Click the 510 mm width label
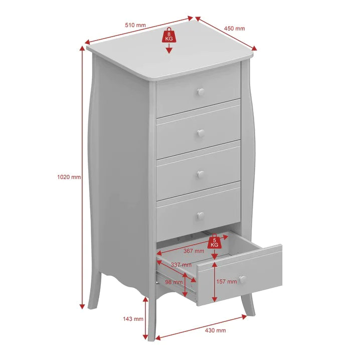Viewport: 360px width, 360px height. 135,25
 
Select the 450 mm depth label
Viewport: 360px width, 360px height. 235,29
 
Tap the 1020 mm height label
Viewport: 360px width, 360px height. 69,177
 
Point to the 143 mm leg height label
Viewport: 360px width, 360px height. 133,319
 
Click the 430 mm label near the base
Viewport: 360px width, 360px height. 216,330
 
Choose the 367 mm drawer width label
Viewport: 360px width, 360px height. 194,251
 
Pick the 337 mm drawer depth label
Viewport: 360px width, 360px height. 181,265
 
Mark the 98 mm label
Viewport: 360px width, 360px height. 174,282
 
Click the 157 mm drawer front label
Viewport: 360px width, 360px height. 226,281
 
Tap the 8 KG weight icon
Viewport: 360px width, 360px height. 169,36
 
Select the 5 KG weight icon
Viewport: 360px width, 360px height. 214,242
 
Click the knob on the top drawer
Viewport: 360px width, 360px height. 201,92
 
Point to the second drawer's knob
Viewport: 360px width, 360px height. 201,133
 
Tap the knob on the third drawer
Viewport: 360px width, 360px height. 201,174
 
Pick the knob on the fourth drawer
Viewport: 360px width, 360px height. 201,216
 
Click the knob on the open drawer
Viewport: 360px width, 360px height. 242,280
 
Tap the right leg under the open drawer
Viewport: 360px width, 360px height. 248,304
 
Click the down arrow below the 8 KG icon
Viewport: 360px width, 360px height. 169,49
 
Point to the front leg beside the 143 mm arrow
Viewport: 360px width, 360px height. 151,319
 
